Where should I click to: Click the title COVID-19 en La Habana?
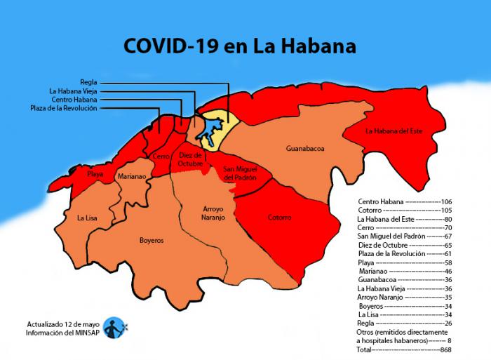pos(240,46)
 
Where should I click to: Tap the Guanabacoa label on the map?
pos(304,149)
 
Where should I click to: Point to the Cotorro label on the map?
pos(279,218)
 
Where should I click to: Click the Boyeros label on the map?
pos(152,240)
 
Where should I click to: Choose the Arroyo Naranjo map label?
pos(213,213)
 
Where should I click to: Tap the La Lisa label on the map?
pos(88,218)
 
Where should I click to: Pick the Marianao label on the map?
pos(132,177)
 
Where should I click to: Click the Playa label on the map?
pos(95,173)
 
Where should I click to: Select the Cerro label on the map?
pos(160,156)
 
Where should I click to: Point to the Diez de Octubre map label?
pos(190,159)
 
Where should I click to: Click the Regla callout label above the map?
pos(88,82)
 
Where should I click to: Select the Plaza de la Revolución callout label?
pos(65,108)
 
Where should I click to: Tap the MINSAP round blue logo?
pos(114,328)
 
